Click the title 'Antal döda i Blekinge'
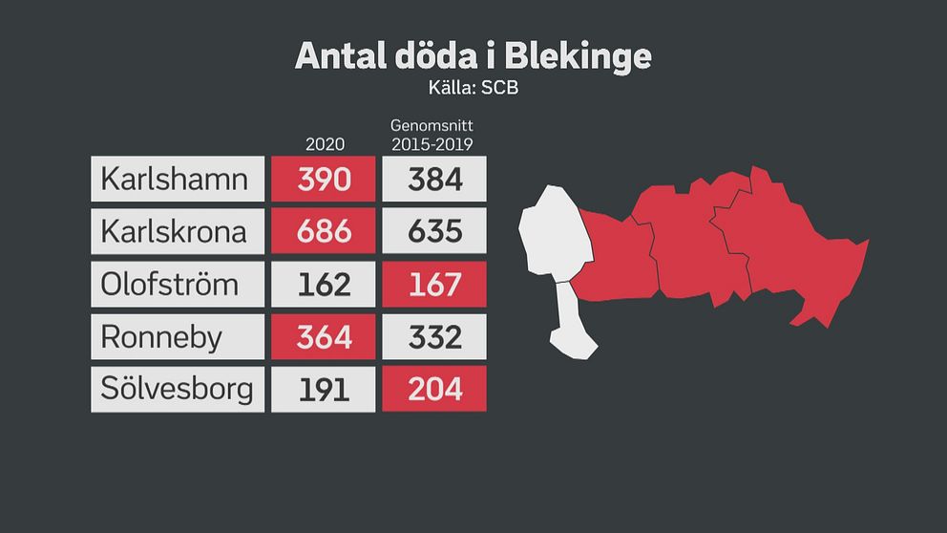click(473, 55)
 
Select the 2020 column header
click(325, 144)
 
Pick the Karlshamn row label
click(177, 179)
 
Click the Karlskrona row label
click(177, 231)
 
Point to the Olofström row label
click(177, 284)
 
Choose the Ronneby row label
click(177, 336)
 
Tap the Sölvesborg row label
click(177, 389)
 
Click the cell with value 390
click(324, 179)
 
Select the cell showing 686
click(324, 231)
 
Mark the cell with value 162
click(324, 284)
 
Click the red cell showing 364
click(324, 336)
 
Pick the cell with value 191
click(324, 389)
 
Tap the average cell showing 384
click(434, 179)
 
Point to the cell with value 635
click(434, 231)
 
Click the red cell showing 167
click(434, 284)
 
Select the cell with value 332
click(434, 336)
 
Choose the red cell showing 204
click(434, 389)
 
